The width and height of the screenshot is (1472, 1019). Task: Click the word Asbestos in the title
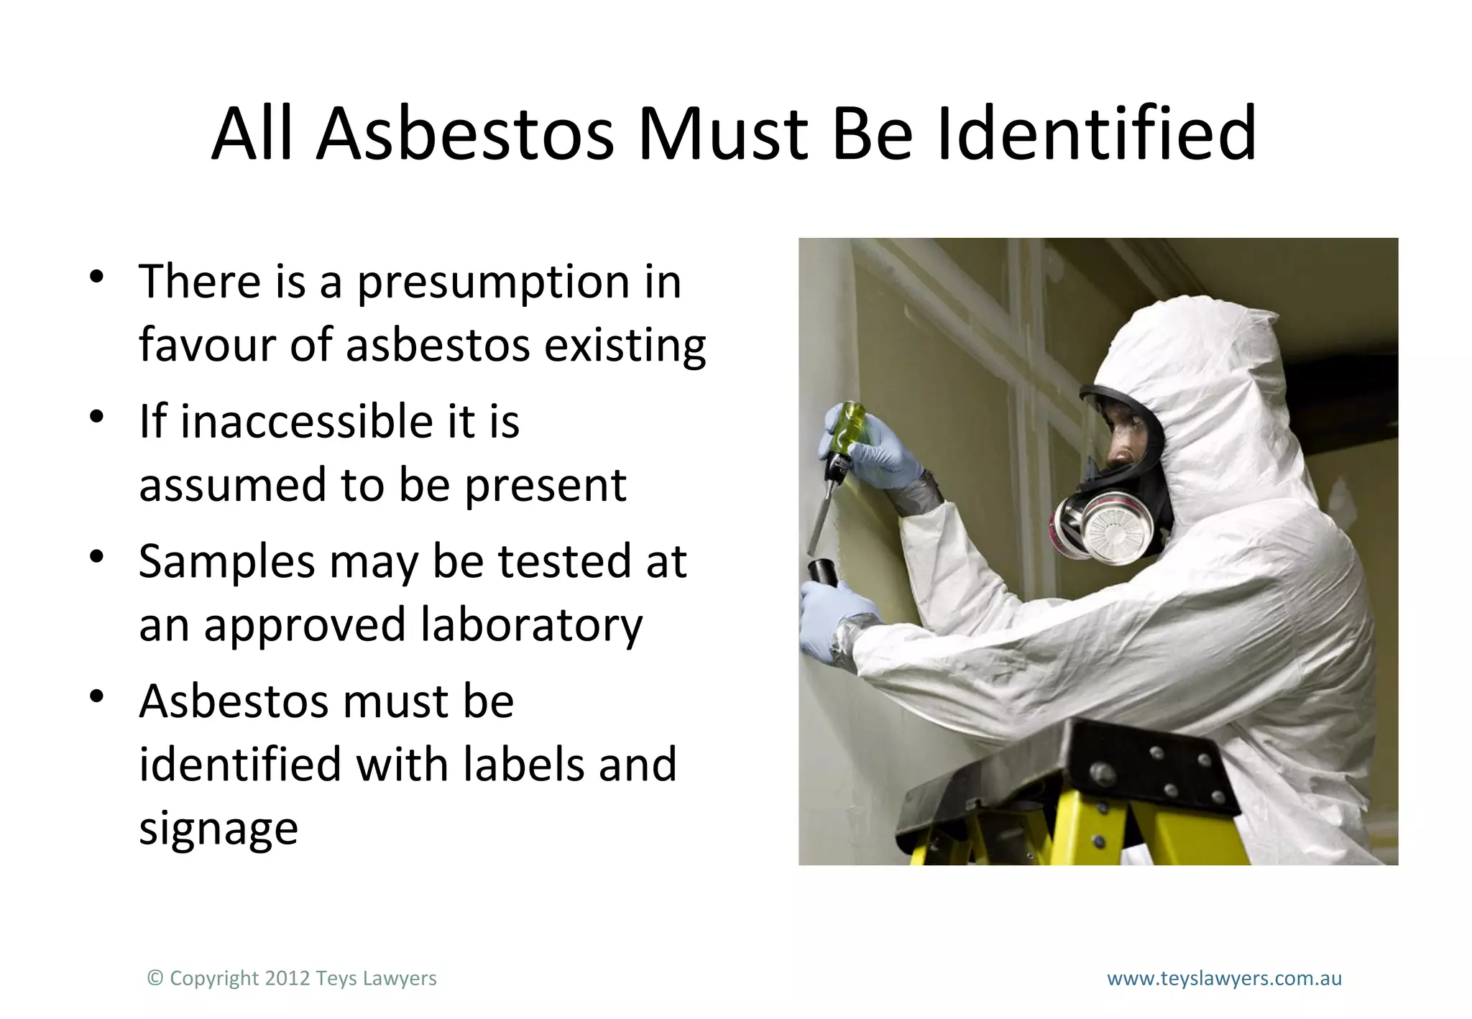tap(466, 134)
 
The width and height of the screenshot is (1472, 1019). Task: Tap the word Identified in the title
tap(1097, 134)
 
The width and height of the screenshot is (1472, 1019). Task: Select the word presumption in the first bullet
tap(494, 282)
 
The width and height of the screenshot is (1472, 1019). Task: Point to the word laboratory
tap(531, 625)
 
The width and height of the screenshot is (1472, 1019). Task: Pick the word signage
tap(218, 830)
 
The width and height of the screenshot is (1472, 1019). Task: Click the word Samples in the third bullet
tap(226, 561)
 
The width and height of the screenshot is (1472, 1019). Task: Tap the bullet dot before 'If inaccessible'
tap(97, 417)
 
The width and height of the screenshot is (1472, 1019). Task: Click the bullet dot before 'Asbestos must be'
tap(97, 696)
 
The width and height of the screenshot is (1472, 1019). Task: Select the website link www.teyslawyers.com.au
tap(1224, 978)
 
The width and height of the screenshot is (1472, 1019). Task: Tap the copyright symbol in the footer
tap(155, 978)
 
